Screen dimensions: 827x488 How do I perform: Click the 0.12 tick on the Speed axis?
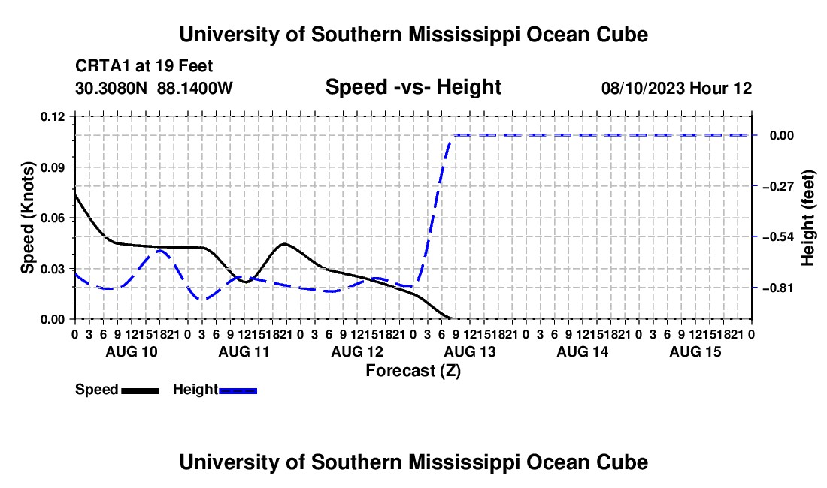(x=53, y=117)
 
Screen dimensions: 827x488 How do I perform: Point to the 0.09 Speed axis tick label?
(x=53, y=167)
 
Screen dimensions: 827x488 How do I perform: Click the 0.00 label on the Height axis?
(x=782, y=136)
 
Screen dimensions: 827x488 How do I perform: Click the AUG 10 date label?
(x=132, y=351)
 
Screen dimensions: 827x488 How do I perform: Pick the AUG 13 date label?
(x=470, y=351)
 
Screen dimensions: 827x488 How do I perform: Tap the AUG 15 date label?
(x=695, y=351)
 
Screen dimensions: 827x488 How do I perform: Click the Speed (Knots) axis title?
(x=27, y=218)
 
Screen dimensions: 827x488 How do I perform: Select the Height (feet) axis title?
(x=807, y=218)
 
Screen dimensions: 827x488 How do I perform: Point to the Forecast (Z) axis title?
(x=413, y=371)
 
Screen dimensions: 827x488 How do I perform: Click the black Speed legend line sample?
(x=141, y=391)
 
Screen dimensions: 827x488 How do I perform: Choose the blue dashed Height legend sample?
(x=238, y=391)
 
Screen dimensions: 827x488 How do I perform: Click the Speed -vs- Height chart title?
(x=413, y=87)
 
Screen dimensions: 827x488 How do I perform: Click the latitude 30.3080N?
(x=111, y=88)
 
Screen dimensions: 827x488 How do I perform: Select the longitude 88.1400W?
(x=195, y=88)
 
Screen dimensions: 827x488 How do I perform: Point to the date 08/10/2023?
(x=643, y=88)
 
